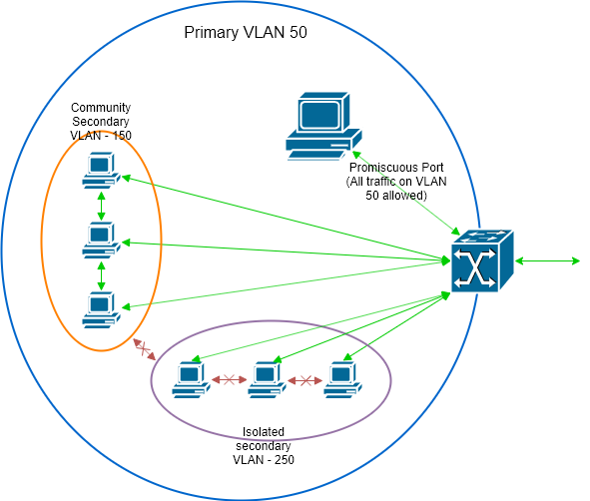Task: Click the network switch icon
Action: (481, 261)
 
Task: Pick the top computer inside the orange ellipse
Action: (101, 171)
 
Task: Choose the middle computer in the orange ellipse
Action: (101, 241)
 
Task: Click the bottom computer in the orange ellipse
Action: (101, 310)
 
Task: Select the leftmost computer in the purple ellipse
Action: (189, 380)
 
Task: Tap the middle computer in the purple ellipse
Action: (266, 380)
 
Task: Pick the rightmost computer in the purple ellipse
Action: (341, 380)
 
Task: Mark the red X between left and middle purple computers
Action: (229, 380)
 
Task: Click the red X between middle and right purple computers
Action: (305, 380)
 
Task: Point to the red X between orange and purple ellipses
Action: (144, 349)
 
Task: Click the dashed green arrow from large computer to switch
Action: (404, 192)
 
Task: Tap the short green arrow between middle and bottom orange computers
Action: (101, 276)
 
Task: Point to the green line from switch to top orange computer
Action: (290, 221)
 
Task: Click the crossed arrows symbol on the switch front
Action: (474, 267)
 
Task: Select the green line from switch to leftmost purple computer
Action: (319, 326)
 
